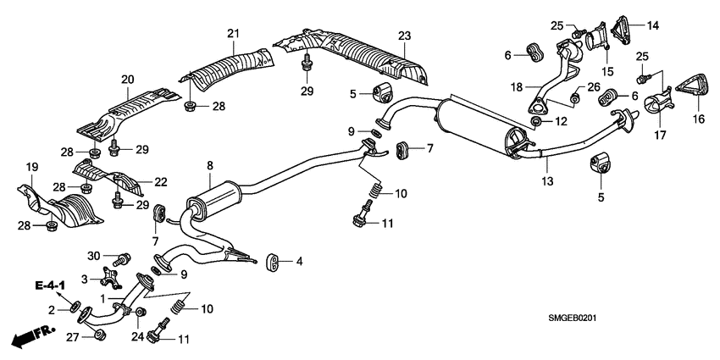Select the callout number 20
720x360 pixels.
point(128,80)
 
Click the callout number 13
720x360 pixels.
point(547,181)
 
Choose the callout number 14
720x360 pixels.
point(651,25)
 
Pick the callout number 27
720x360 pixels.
point(74,337)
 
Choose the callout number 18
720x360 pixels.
point(516,86)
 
